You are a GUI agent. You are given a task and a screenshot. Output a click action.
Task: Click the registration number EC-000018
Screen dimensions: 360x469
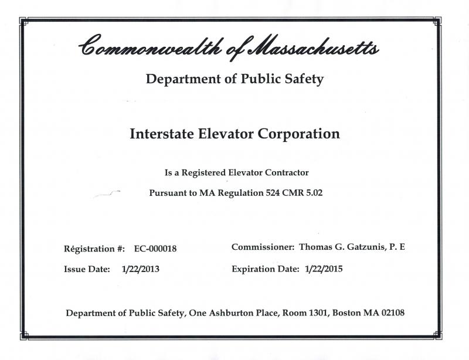pyautogui.click(x=155, y=249)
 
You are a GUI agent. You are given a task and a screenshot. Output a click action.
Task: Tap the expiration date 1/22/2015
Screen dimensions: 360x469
pyautogui.click(x=324, y=270)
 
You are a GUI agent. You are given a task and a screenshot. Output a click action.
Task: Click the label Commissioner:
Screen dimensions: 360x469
pyautogui.click(x=263, y=247)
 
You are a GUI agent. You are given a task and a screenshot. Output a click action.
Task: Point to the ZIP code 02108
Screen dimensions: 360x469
pyautogui.click(x=391, y=313)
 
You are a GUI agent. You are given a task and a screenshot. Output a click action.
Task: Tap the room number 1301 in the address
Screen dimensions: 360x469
pyautogui.click(x=314, y=313)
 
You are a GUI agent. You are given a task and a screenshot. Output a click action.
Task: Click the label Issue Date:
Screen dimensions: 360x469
pyautogui.click(x=87, y=270)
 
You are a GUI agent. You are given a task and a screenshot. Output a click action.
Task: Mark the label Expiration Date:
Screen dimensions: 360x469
pyautogui.click(x=267, y=270)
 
